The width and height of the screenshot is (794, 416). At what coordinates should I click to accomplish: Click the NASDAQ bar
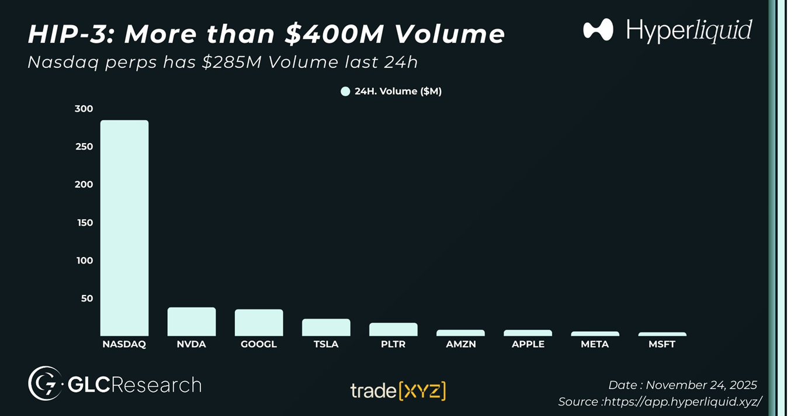(x=124, y=228)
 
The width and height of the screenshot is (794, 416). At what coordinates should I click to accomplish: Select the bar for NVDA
(x=192, y=321)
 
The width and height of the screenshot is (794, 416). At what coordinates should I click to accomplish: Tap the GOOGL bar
(x=259, y=323)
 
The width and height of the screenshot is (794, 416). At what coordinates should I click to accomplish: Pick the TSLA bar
(x=326, y=327)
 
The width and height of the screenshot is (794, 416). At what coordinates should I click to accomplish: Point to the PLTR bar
(x=393, y=330)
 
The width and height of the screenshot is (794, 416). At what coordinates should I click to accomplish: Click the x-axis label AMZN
(x=460, y=344)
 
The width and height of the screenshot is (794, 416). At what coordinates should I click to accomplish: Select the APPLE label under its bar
(x=528, y=344)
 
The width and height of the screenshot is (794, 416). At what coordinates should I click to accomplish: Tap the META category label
(x=595, y=344)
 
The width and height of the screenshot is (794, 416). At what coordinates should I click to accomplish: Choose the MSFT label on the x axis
(x=662, y=344)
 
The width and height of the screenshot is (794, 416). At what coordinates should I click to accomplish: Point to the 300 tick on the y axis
(x=84, y=109)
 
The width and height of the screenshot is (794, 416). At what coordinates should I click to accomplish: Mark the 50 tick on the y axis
(x=86, y=298)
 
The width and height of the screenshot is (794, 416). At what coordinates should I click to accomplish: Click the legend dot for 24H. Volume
(x=345, y=91)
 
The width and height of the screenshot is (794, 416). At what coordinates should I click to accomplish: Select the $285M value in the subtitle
(x=230, y=62)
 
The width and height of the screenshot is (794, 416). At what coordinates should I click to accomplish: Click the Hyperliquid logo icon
(x=598, y=30)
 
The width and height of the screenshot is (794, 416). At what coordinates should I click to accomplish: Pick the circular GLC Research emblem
(x=45, y=383)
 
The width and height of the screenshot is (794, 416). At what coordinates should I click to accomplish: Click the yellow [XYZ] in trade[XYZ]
(x=422, y=390)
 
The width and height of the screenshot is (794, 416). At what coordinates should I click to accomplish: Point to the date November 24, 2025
(x=701, y=385)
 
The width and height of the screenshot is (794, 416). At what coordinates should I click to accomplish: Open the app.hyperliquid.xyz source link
(x=682, y=402)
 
